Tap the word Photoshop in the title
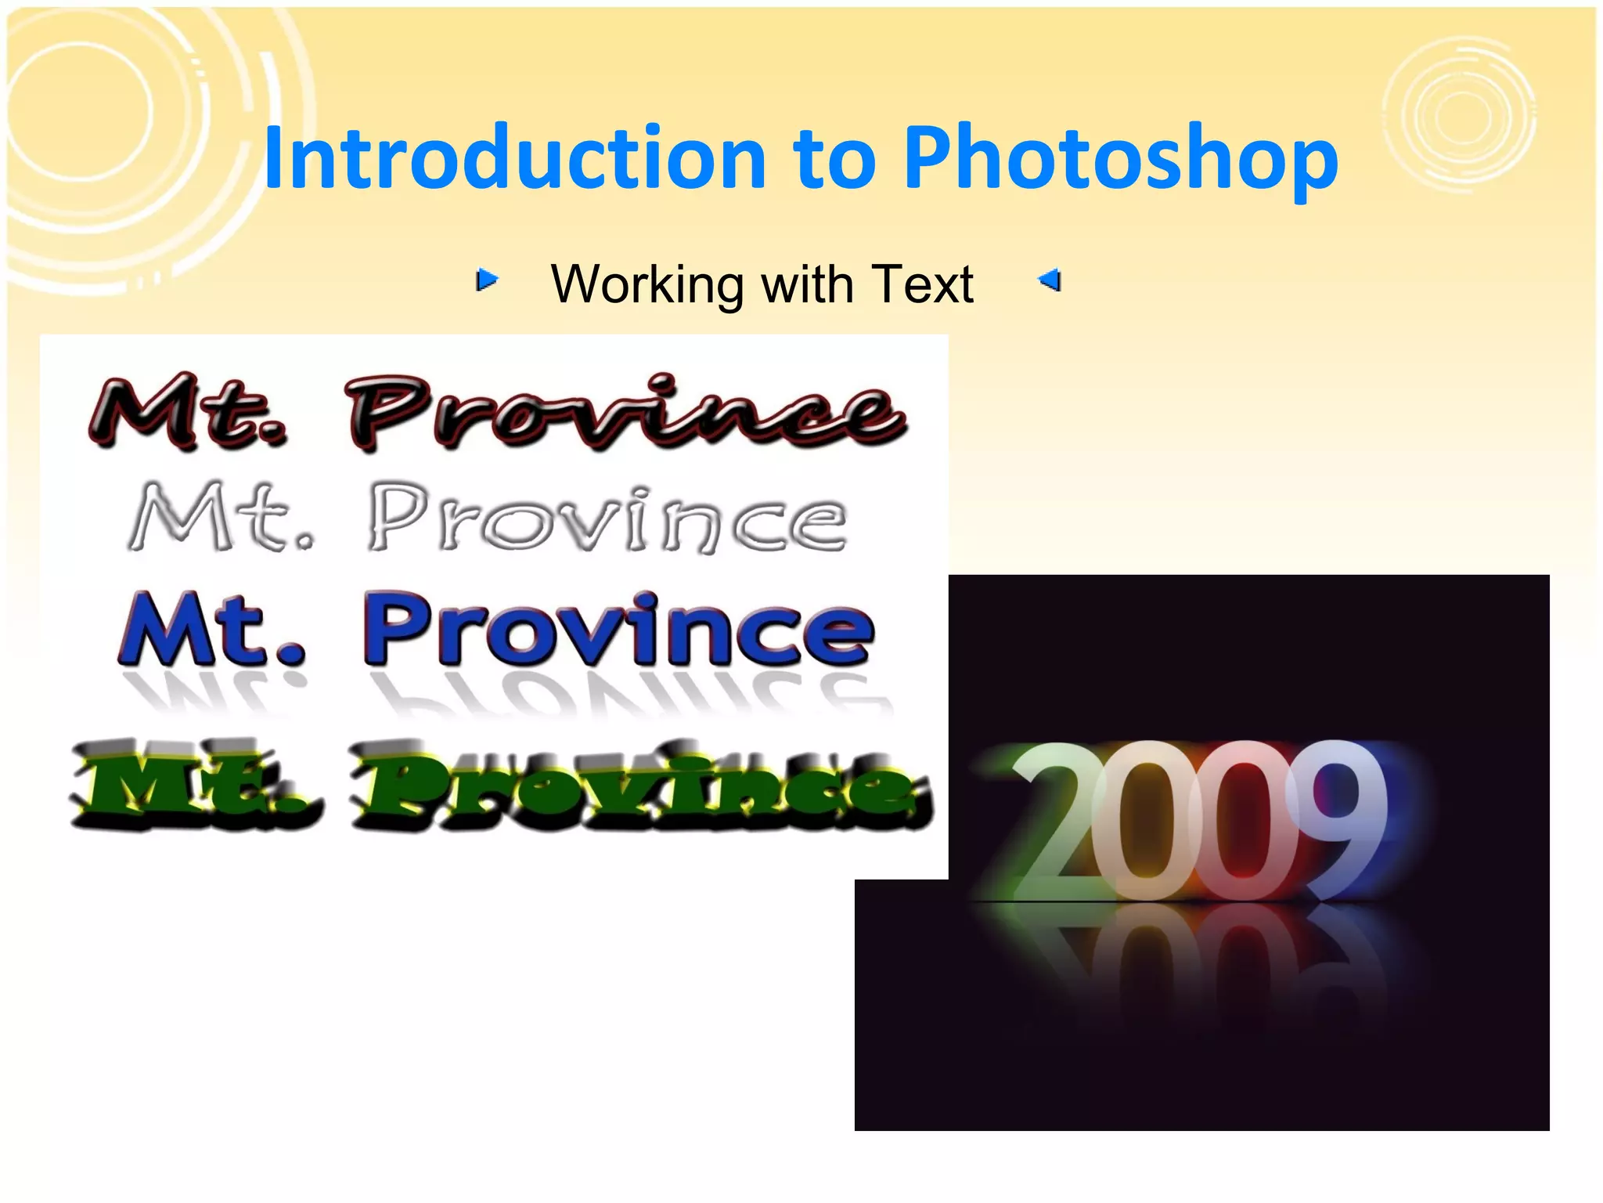[1120, 159]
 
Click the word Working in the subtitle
[647, 284]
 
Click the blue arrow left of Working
[487, 280]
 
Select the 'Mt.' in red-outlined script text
[188, 411]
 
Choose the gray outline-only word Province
[607, 518]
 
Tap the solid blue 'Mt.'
[211, 629]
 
